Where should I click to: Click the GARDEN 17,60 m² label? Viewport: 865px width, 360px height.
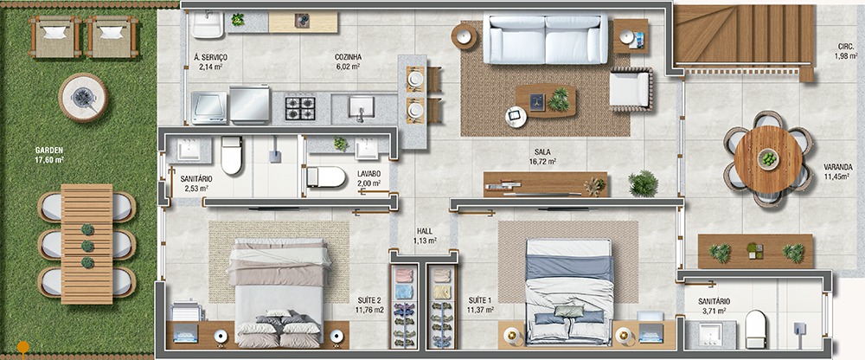(49, 155)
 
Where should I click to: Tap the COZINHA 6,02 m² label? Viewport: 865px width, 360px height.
(348, 61)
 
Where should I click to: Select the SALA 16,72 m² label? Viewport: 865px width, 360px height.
(541, 157)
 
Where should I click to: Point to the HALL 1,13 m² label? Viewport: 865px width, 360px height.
(425, 235)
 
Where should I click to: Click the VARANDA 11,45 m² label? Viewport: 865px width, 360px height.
(836, 171)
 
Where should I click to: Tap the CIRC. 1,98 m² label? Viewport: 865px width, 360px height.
(845, 51)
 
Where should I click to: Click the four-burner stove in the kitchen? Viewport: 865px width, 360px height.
(301, 108)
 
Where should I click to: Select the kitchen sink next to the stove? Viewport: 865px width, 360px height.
(362, 107)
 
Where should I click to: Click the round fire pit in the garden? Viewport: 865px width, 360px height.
(83, 98)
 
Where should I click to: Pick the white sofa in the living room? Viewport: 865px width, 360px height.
(545, 38)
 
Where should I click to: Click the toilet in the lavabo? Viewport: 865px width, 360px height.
(325, 177)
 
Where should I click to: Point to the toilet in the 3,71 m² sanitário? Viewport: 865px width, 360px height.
(756, 329)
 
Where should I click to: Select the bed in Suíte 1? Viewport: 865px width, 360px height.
(569, 292)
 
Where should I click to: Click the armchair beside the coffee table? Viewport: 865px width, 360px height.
(631, 89)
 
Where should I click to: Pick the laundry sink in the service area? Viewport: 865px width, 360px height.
(208, 24)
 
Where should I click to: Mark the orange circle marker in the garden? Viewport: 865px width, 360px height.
(23, 347)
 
